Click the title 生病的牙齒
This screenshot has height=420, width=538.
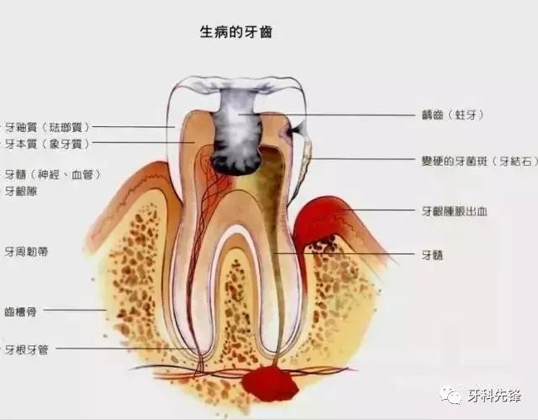coord(235,32)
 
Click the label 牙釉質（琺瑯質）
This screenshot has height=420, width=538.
coord(47,127)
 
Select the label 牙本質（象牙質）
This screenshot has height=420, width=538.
coord(47,144)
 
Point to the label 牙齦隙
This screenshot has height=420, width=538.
coord(21,191)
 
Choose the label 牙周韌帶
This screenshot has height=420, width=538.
coord(26,251)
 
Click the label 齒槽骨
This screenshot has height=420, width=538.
coord(21,310)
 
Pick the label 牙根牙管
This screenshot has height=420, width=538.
coord(26,348)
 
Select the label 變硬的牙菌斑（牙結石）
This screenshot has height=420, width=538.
coord(479,160)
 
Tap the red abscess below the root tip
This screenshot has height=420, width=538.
coord(269,384)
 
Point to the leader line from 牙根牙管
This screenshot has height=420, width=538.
coord(118,348)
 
